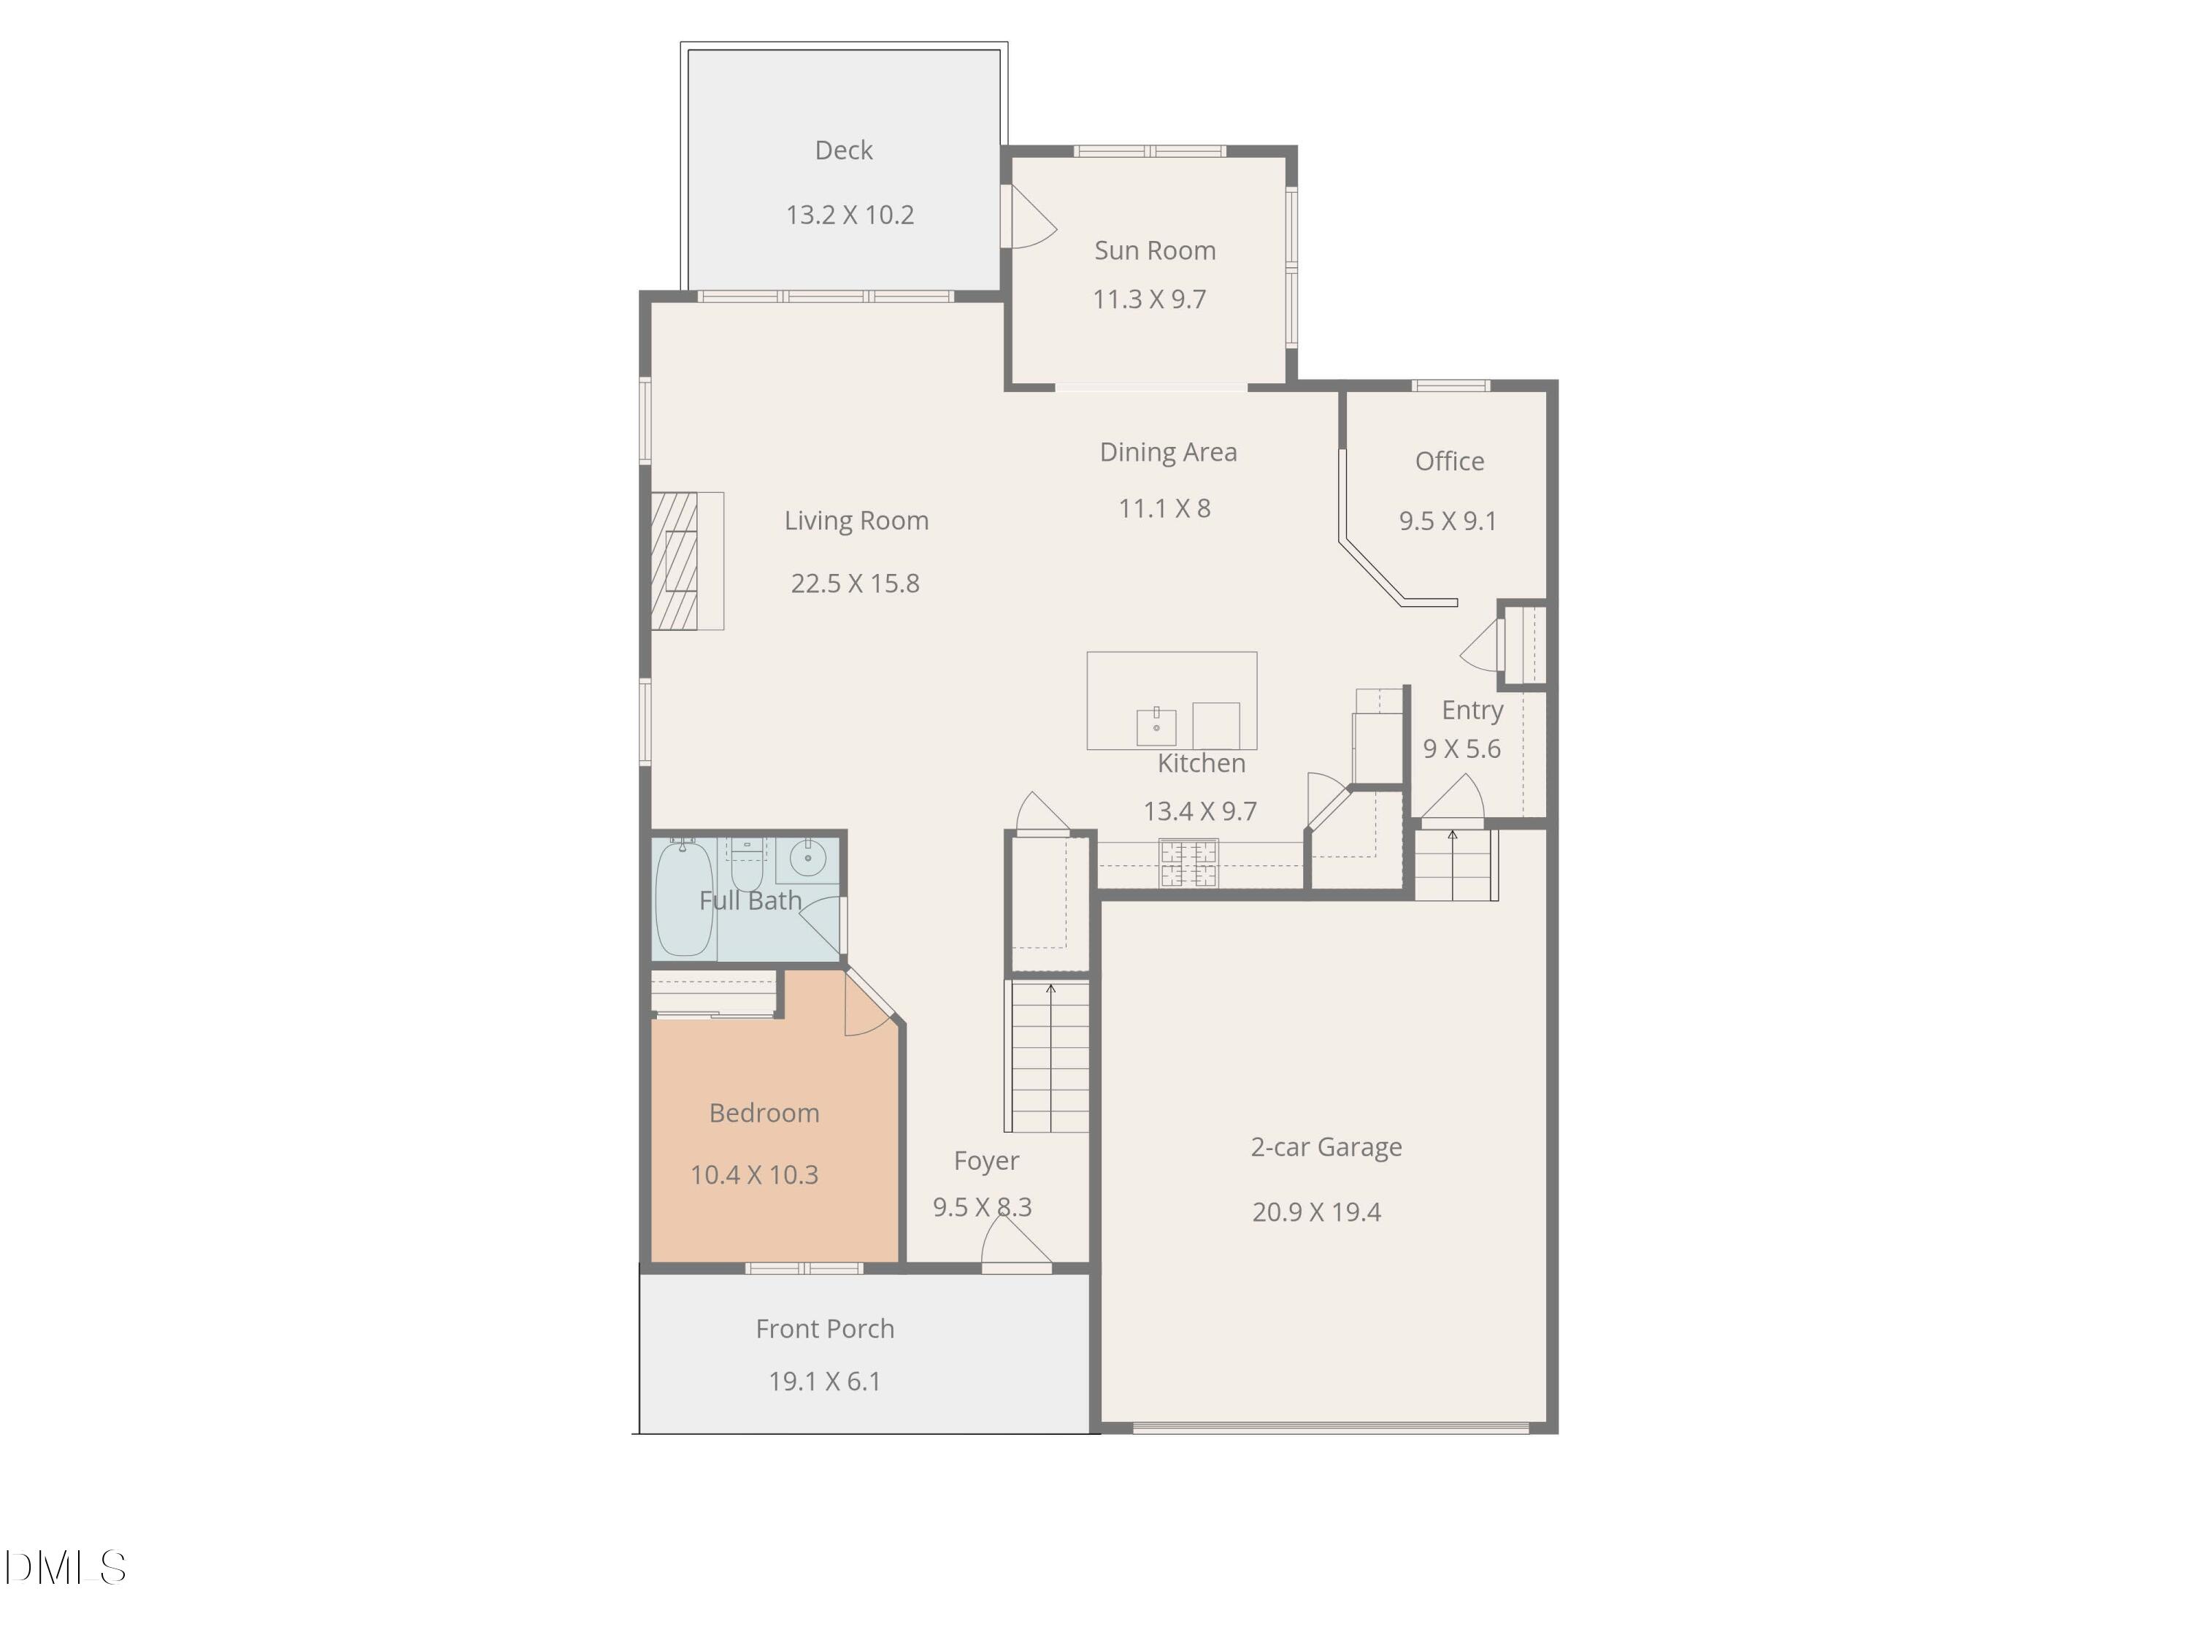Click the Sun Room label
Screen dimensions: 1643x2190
click(x=1154, y=250)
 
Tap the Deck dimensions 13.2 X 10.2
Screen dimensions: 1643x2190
click(x=850, y=215)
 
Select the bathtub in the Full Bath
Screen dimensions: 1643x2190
click(x=683, y=897)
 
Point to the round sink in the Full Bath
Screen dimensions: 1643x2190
click(x=808, y=859)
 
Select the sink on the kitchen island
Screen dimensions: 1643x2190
click(x=1156, y=726)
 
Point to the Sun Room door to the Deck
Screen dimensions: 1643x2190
click(x=1029, y=217)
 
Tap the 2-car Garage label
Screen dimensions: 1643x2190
click(x=1326, y=1147)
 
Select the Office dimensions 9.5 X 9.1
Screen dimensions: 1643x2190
click(x=1448, y=521)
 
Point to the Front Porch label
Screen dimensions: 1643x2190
click(x=825, y=1329)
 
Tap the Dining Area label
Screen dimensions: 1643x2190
click(x=1168, y=453)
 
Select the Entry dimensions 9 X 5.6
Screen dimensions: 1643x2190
click(x=1461, y=748)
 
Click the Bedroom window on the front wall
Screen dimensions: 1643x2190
click(x=804, y=1268)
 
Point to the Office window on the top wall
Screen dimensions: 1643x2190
click(x=1451, y=386)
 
